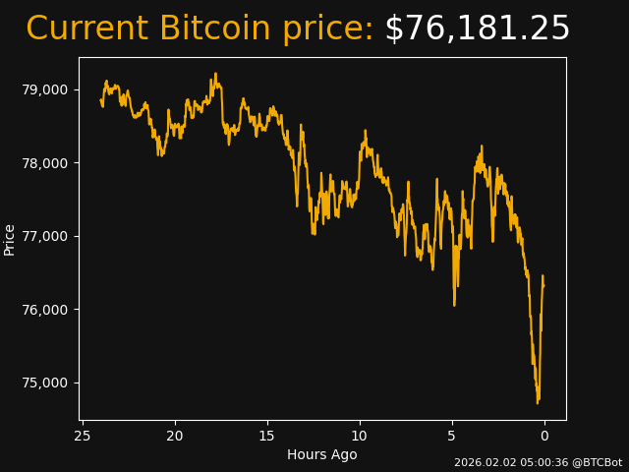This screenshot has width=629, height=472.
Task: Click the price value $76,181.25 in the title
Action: coord(477,29)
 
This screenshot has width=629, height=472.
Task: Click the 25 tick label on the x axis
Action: coord(83,436)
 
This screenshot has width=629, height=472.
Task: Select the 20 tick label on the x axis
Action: coord(175,436)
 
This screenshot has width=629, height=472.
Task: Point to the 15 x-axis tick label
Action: coord(267,436)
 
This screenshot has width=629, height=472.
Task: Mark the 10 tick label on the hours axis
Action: coord(360,436)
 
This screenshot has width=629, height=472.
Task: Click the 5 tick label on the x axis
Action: coord(452,436)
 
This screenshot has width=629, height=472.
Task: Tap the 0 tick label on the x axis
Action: coord(544,436)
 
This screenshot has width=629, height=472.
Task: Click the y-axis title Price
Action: coord(10,239)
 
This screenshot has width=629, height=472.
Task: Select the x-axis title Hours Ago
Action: coord(322,454)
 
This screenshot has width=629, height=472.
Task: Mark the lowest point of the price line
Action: coord(538,402)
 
